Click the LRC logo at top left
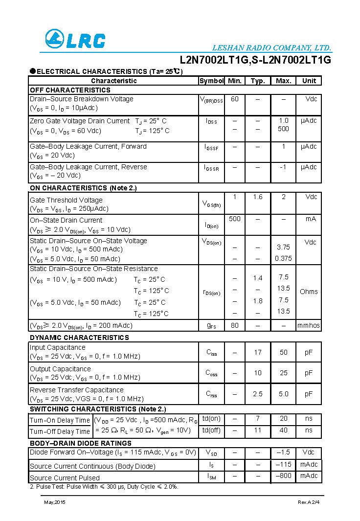tap(75, 40)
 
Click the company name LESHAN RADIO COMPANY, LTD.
tap(272, 48)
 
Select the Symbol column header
tap(211, 81)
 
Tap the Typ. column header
tap(258, 81)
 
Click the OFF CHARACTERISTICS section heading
tap(70, 90)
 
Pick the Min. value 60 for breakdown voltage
tap(235, 99)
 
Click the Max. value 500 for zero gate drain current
tap(283, 129)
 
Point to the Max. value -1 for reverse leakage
tap(283, 167)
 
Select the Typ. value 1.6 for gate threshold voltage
tap(258, 197)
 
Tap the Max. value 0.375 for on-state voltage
tap(283, 258)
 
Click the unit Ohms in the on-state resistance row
tap(309, 292)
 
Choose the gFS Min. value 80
tap(235, 325)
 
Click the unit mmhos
tap(309, 325)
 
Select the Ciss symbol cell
tap(211, 352)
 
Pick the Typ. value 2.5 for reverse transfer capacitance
tap(258, 394)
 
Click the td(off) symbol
tap(211, 430)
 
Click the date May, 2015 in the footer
tap(54, 502)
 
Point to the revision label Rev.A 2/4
tap(309, 502)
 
